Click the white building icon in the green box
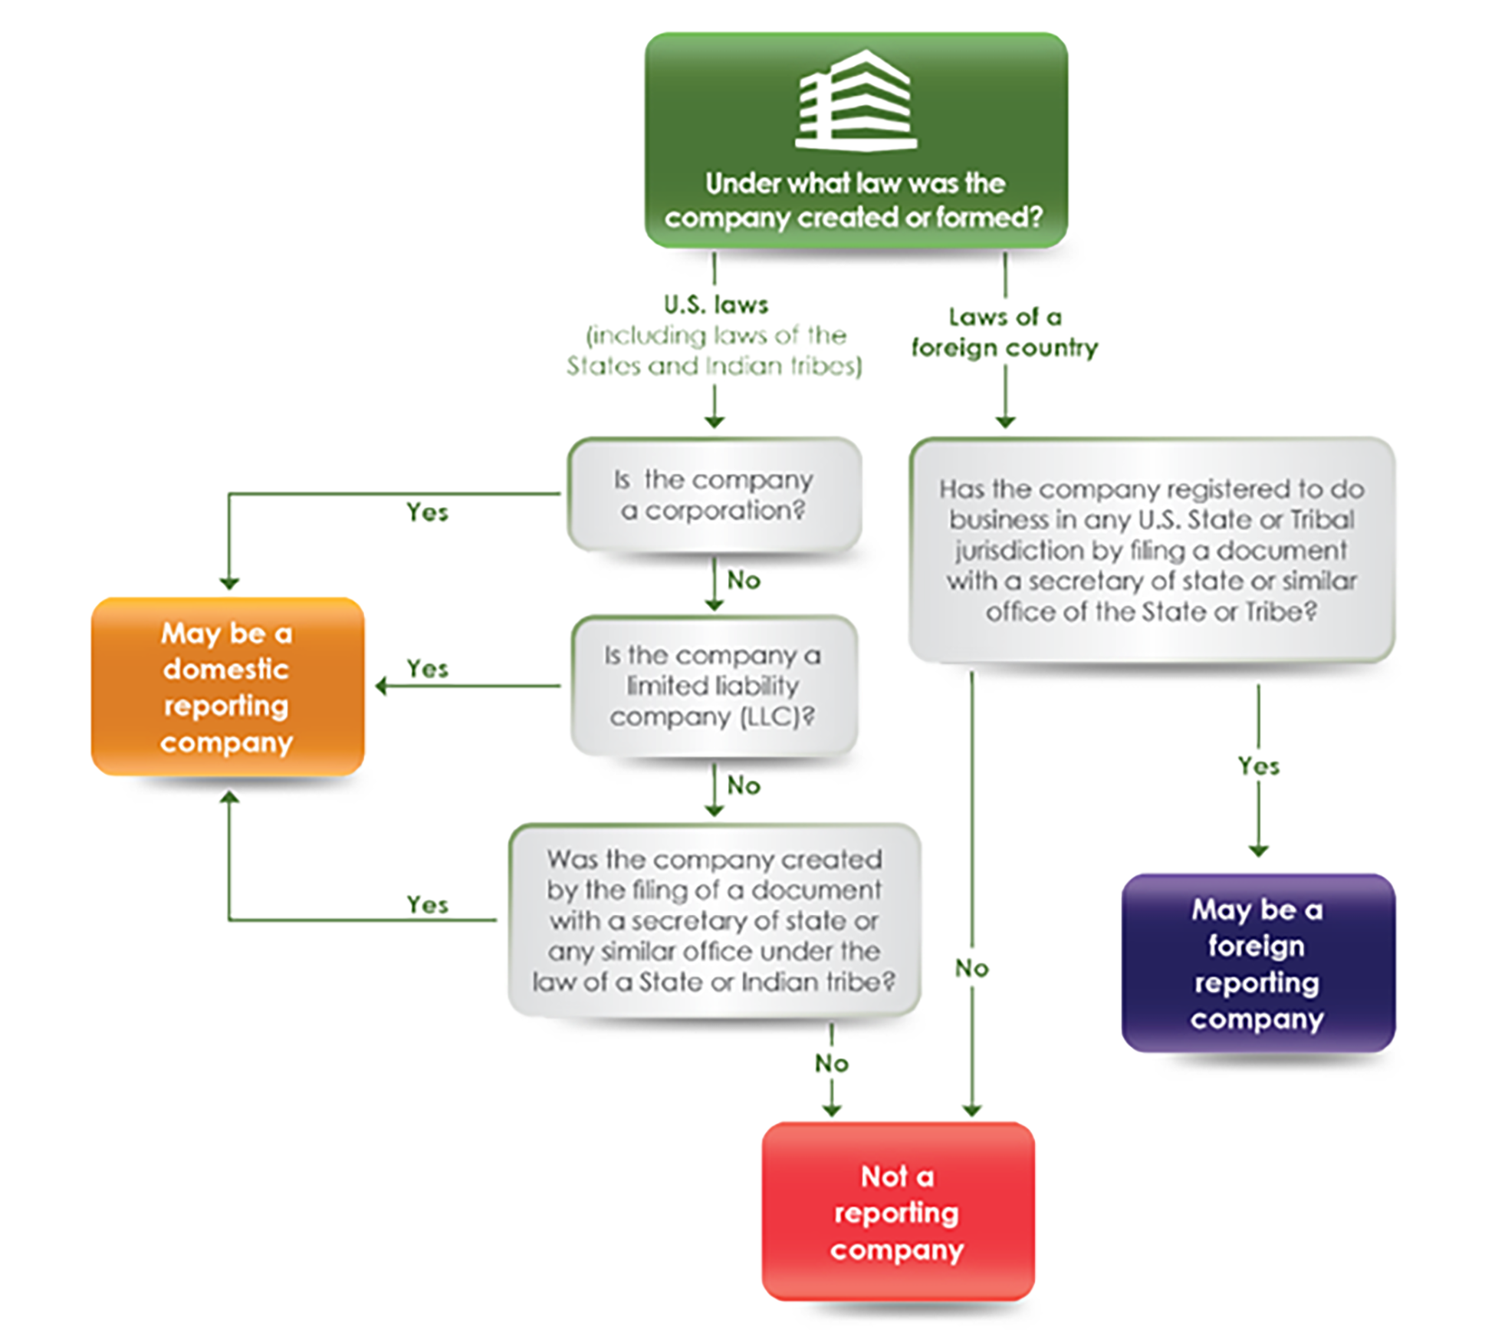click(856, 100)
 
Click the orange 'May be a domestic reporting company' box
click(228, 686)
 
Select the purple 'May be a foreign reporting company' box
click(1257, 963)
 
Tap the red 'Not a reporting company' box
click(897, 1211)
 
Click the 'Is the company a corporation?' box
click(714, 495)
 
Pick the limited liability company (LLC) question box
click(714, 686)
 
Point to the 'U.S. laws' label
click(715, 305)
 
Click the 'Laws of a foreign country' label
click(1004, 332)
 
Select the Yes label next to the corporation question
click(427, 512)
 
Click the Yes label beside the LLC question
click(427, 668)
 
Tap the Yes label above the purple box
click(1258, 765)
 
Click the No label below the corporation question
click(743, 580)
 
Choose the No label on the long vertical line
click(971, 968)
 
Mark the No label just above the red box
click(831, 1063)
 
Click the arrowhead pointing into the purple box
click(1258, 851)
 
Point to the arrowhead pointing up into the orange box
click(229, 798)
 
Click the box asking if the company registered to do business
click(1151, 550)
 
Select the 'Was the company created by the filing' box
click(714, 920)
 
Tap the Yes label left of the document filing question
click(427, 904)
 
